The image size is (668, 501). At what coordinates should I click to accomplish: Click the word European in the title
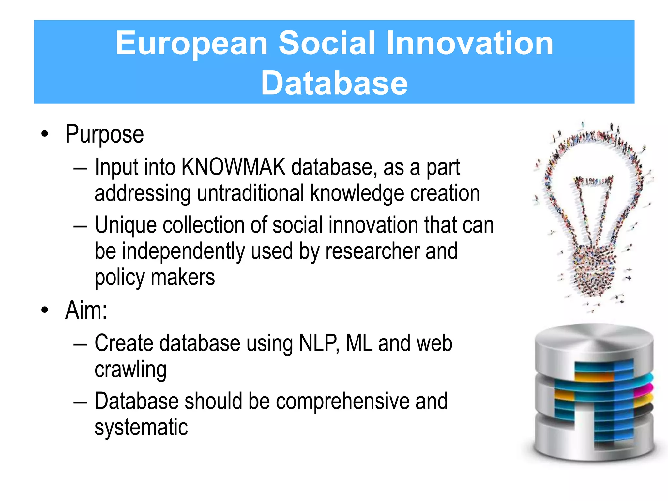click(x=191, y=43)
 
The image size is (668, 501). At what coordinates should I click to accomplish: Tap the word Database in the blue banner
click(x=334, y=83)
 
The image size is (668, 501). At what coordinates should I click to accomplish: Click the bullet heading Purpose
click(x=104, y=134)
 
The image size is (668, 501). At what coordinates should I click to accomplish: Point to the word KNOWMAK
click(x=233, y=167)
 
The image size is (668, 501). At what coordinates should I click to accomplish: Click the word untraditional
click(x=250, y=193)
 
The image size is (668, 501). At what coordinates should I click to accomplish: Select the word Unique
click(x=126, y=225)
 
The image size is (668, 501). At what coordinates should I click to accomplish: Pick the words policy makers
click(x=155, y=277)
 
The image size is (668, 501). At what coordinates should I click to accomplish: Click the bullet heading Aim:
click(x=86, y=310)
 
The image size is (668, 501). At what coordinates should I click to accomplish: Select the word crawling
click(x=130, y=370)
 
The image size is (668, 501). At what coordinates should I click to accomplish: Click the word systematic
click(x=141, y=427)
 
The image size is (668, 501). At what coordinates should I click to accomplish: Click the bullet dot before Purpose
click(x=45, y=134)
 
